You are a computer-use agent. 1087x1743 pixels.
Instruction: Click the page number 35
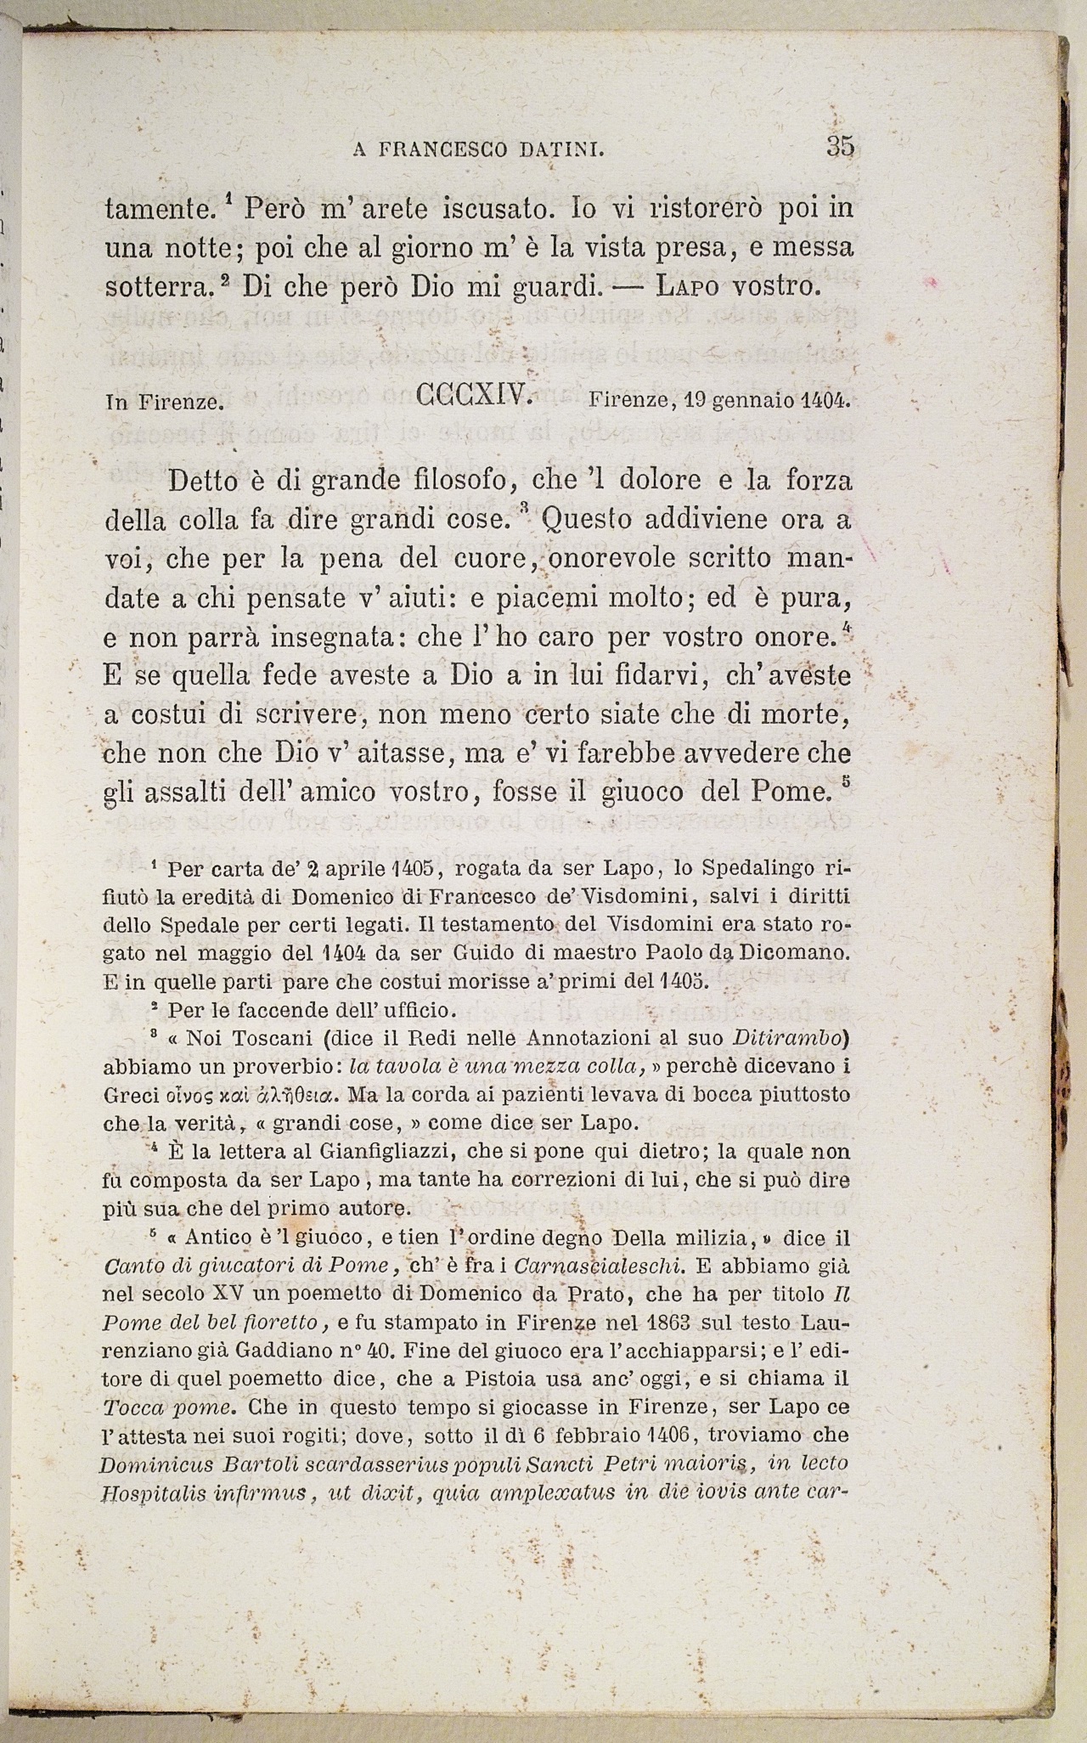point(839,147)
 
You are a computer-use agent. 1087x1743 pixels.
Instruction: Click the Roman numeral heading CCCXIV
point(474,395)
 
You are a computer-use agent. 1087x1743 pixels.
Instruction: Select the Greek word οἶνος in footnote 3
point(174,1094)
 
